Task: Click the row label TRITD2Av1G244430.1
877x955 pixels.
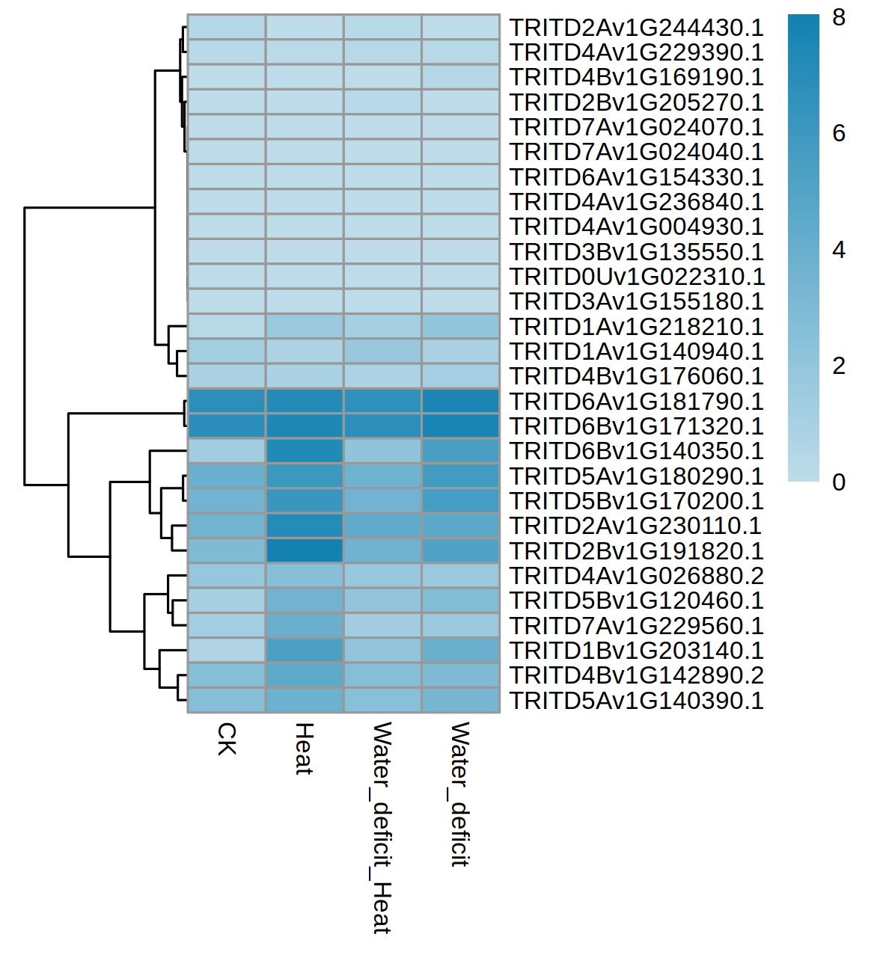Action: (636, 28)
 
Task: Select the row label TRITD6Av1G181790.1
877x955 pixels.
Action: (636, 402)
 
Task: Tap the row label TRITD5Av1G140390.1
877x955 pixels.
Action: (636, 701)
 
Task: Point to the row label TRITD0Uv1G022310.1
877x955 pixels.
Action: (637, 277)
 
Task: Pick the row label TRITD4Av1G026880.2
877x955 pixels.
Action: (636, 576)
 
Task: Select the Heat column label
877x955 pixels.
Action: (304, 748)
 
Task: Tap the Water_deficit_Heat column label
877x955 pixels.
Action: (382, 827)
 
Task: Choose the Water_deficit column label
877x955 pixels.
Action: (460, 793)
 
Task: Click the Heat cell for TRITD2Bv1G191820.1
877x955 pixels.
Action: (305, 551)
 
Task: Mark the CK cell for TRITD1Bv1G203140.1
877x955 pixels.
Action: (227, 651)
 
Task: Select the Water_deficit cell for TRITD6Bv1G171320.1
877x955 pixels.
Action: (460, 426)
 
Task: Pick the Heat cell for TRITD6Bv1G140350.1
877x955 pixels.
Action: (305, 451)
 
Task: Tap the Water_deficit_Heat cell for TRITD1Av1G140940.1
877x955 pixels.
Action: (382, 351)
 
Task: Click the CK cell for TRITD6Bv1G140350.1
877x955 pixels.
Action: (227, 451)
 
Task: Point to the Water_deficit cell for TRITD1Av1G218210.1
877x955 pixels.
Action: (460, 327)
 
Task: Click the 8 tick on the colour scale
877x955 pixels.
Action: (839, 17)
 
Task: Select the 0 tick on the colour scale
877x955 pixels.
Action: (839, 482)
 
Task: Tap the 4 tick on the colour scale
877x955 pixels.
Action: (839, 250)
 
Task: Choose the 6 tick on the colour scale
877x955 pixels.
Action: (839, 133)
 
